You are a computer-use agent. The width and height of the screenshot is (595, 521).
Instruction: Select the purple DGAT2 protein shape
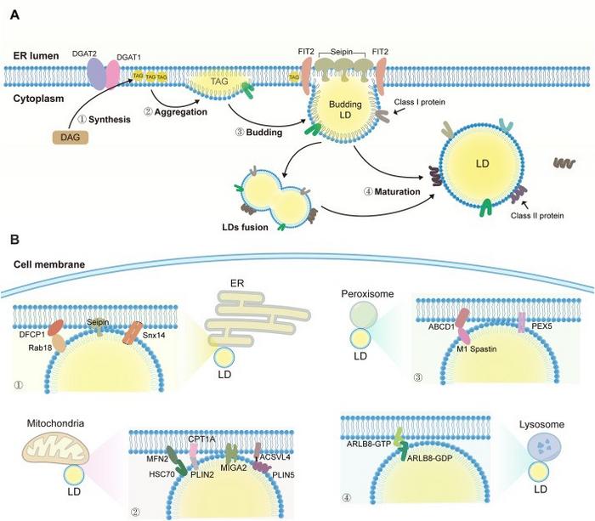94,74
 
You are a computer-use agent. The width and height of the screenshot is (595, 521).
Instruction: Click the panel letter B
14,241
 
